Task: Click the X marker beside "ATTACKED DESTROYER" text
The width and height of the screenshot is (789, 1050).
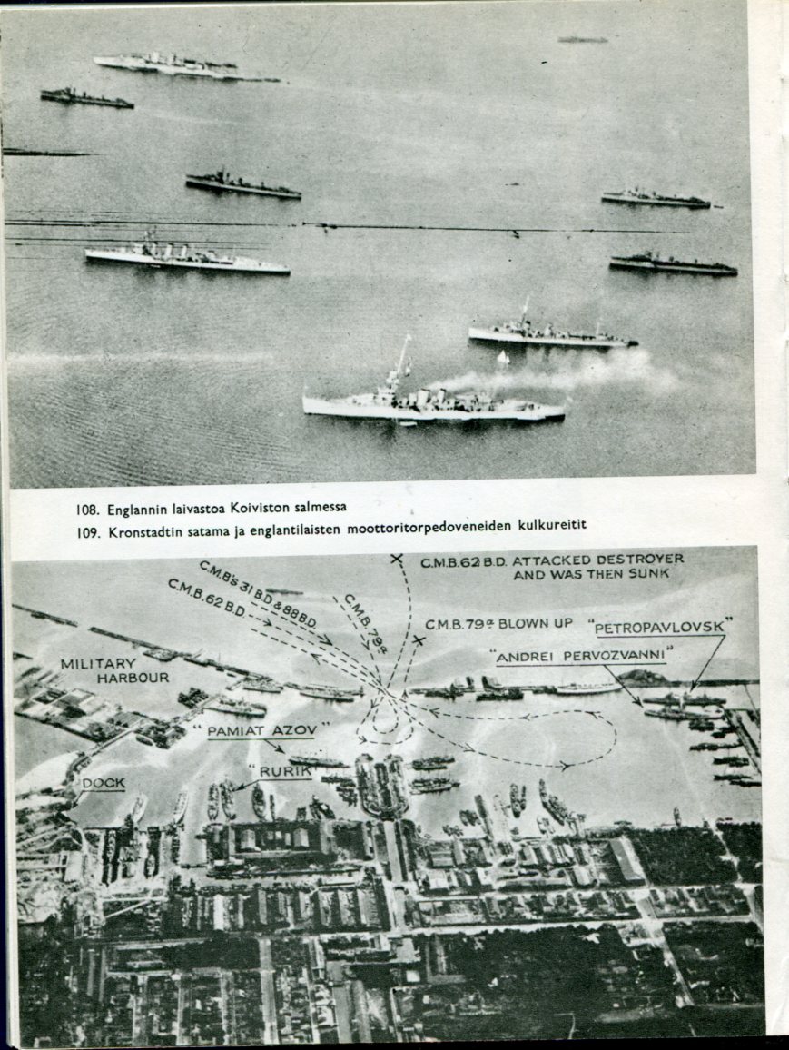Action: pyautogui.click(x=396, y=558)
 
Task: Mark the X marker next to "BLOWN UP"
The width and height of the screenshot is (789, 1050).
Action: pyautogui.click(x=419, y=641)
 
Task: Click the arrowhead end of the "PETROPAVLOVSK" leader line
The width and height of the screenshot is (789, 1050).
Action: pyautogui.click(x=691, y=689)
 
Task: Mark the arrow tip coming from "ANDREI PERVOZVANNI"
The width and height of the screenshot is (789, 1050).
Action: pyautogui.click(x=641, y=704)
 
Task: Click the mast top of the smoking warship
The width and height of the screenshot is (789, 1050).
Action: pyautogui.click(x=408, y=337)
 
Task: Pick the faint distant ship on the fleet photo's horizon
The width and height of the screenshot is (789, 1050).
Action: pyautogui.click(x=582, y=40)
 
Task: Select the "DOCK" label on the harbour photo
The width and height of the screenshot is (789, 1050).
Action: pyautogui.click(x=104, y=783)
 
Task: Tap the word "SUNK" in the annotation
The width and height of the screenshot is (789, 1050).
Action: pyautogui.click(x=647, y=574)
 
